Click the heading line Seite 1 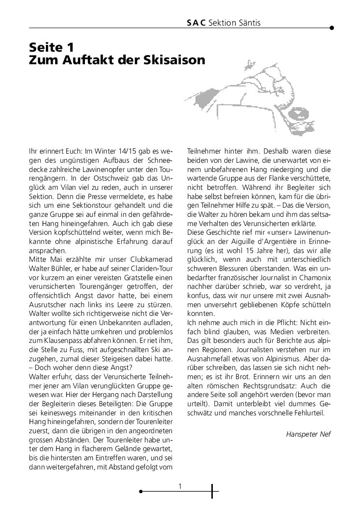pos(52,47)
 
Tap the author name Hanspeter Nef pos(308,434)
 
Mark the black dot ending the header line pos(332,28)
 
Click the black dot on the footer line pos(140,492)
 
